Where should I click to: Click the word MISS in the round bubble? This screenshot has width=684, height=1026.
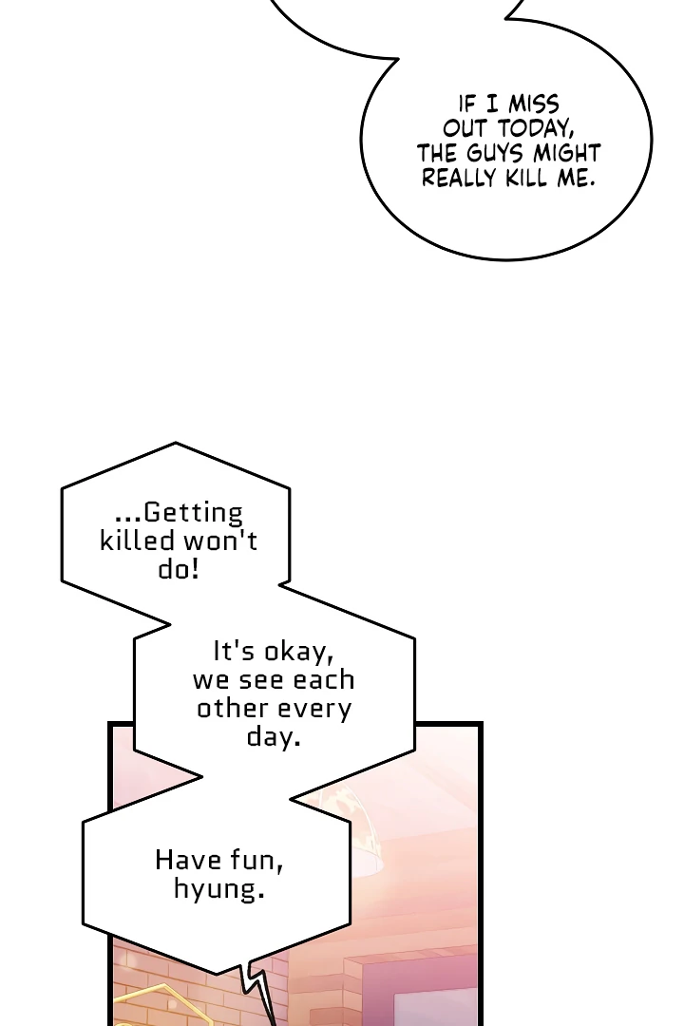[534, 104]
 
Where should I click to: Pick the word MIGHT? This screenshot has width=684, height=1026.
[567, 153]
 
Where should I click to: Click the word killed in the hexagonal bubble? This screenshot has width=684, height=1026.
[138, 541]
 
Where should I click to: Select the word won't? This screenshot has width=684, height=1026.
[220, 541]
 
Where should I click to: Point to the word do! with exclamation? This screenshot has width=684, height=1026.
[178, 569]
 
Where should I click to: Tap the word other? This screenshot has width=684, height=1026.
[233, 709]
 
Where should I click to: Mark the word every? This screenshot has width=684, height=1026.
[313, 710]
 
